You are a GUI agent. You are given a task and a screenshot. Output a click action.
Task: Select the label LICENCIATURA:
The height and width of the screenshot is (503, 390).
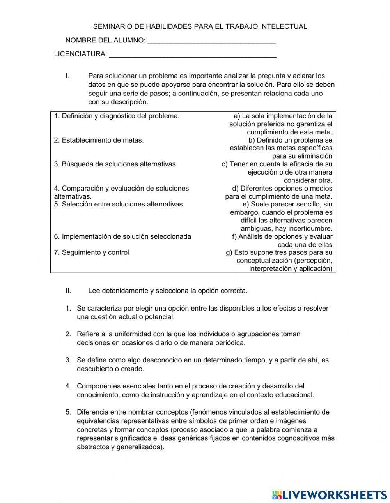point(80,54)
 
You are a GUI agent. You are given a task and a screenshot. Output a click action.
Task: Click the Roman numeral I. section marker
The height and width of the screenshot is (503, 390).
point(67,76)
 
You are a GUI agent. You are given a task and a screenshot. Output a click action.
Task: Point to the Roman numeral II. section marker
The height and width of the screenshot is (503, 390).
point(68,291)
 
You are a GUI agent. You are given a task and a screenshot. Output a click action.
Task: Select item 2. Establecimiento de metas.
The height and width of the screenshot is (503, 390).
point(99,140)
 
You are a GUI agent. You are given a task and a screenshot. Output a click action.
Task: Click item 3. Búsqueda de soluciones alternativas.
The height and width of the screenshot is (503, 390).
point(116,164)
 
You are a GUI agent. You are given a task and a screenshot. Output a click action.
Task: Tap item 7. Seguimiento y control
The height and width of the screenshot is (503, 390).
point(91,252)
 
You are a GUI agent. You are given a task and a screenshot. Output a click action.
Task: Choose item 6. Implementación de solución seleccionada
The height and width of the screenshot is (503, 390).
point(122,236)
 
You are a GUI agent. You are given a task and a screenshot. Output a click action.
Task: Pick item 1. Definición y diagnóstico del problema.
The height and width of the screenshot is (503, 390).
point(117,116)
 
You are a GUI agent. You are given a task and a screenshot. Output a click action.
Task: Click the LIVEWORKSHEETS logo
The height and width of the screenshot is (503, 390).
point(330,494)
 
